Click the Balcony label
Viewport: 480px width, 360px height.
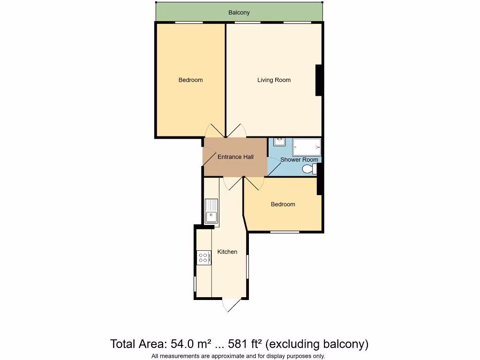pos(239,13)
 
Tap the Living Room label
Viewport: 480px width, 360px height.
pos(274,80)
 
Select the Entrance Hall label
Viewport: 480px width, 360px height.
pos(235,157)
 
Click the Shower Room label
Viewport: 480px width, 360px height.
pos(299,160)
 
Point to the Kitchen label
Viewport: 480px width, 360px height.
pos(227,252)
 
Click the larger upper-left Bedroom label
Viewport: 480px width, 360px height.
pos(191,80)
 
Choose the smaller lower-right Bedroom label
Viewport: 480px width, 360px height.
pos(283,204)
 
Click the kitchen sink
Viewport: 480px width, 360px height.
pos(211,210)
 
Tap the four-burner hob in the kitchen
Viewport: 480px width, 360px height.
pos(204,257)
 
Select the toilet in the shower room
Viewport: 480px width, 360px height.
pos(309,169)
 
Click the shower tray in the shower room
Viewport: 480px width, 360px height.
pos(307,147)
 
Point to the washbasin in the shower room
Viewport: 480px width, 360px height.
pos(279,142)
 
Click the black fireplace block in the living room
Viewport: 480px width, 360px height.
pos(319,80)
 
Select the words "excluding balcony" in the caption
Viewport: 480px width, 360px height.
pos(317,345)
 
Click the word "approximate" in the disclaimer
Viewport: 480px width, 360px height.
pos(225,356)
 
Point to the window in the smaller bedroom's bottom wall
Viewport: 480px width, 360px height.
pos(285,232)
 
